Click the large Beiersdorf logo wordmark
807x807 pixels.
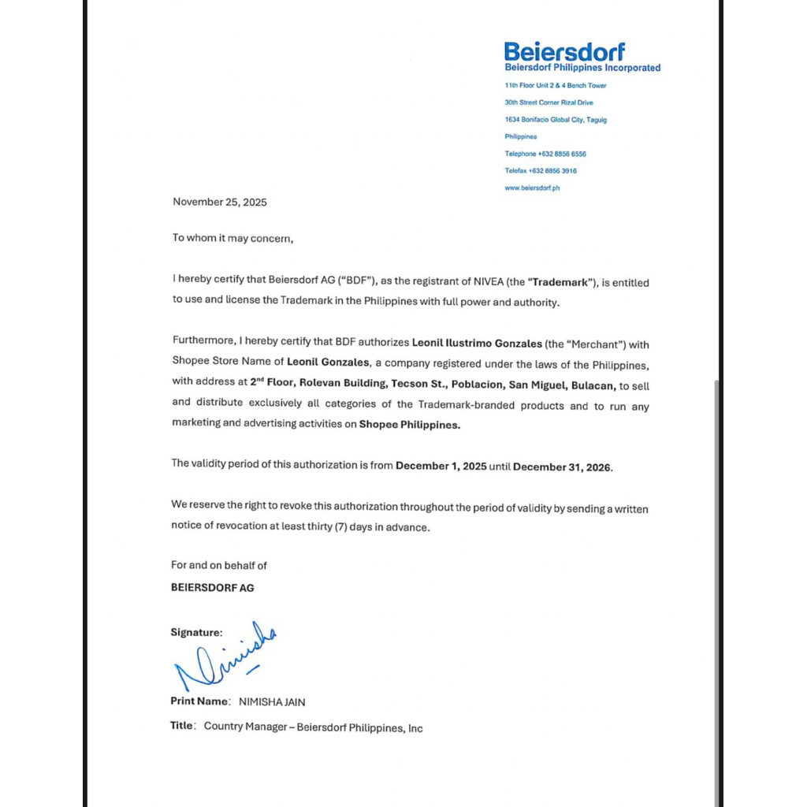[564, 52]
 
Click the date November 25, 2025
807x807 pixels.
[220, 202]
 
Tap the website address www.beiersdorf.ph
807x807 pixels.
[532, 188]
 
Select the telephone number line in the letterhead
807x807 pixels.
[545, 154]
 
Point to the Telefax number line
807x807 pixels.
[541, 171]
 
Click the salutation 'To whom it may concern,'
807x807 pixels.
[232, 238]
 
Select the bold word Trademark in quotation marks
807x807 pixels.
[566, 281]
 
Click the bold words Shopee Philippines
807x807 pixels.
[409, 424]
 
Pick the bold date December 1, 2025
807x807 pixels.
[441, 466]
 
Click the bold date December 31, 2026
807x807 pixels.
[562, 467]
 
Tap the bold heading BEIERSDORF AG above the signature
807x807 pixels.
[212, 587]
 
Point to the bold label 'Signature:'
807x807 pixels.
[196, 632]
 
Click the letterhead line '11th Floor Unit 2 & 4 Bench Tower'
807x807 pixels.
[556, 85]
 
